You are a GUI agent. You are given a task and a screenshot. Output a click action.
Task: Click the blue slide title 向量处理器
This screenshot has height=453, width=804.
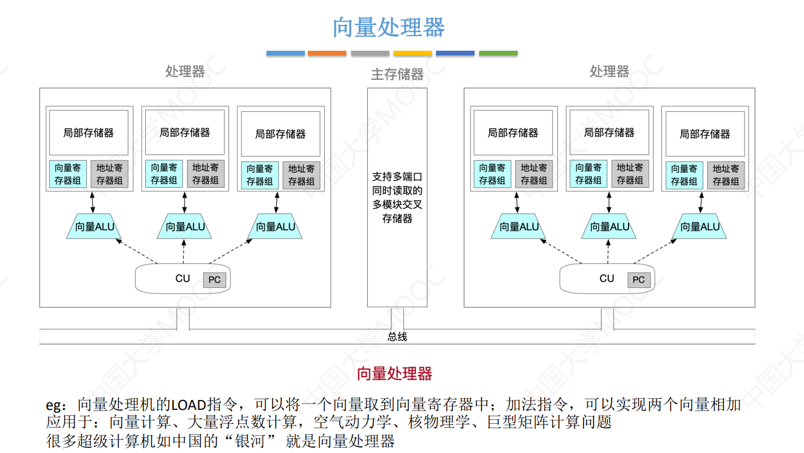(389, 27)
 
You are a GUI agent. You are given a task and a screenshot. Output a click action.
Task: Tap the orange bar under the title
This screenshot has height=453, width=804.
(326, 53)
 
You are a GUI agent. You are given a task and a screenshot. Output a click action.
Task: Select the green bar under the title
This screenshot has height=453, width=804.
(498, 53)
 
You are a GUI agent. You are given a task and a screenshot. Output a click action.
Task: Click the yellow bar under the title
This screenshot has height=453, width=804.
(412, 53)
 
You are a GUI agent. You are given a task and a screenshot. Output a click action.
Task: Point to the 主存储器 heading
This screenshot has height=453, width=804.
(397, 74)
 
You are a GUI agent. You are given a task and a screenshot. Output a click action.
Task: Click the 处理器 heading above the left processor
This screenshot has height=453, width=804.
(185, 71)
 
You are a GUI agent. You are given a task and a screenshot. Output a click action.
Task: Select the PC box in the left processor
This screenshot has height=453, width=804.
(215, 280)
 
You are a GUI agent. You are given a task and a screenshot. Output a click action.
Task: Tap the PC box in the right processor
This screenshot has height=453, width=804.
(638, 280)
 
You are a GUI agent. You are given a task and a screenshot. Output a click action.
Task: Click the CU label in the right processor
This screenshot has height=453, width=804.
(606, 279)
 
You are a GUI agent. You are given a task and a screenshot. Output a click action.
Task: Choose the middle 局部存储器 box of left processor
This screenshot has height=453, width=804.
(185, 133)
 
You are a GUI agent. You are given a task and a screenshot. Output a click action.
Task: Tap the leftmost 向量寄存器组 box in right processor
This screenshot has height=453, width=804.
(492, 174)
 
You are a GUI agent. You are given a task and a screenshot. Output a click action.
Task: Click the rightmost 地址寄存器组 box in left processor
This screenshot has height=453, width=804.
(301, 175)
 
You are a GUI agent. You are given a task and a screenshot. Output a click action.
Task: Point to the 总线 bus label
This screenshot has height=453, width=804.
(397, 336)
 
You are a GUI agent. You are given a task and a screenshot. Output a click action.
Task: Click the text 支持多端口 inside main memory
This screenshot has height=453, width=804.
(397, 177)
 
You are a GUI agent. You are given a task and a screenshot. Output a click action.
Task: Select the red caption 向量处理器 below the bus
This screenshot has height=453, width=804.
(394, 374)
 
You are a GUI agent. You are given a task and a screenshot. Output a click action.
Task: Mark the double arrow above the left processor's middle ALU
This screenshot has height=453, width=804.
(184, 202)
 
